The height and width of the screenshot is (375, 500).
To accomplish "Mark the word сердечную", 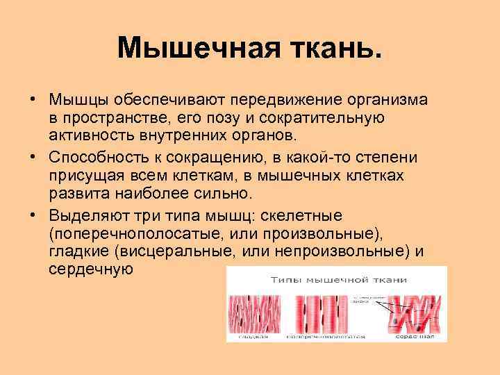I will [90, 268].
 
